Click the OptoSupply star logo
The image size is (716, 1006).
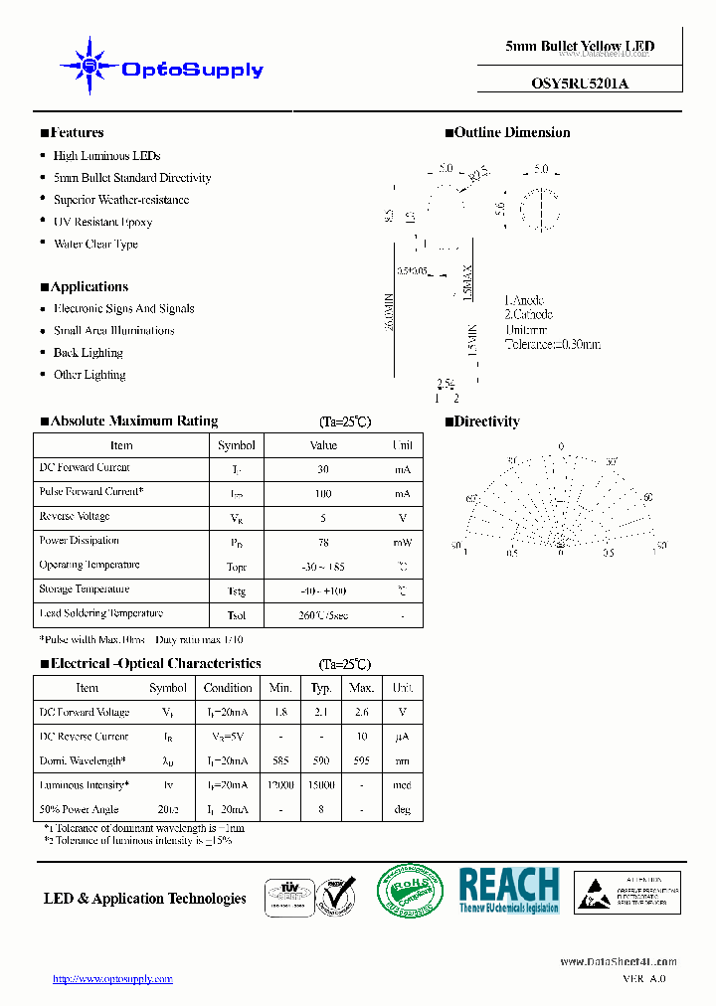coord(89,66)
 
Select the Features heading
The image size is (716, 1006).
coord(72,132)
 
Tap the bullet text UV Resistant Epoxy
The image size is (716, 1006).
coord(102,222)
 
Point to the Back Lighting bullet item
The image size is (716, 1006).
coord(88,353)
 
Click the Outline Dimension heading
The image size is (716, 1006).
coord(507,132)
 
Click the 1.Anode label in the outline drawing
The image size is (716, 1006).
coord(523,300)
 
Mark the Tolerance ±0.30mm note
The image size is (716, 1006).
coord(552,344)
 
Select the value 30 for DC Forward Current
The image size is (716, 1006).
coord(323,469)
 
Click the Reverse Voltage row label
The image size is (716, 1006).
coord(75,517)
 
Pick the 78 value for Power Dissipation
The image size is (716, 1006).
coord(323,542)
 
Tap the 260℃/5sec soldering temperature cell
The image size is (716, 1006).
coord(323,615)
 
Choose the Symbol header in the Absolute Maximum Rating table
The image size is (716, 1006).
coord(237,445)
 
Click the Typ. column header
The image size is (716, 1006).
coord(321,688)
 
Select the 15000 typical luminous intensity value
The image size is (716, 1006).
coord(321,785)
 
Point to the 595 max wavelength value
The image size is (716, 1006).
coord(362,760)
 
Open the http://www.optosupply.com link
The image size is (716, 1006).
coord(112,979)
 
